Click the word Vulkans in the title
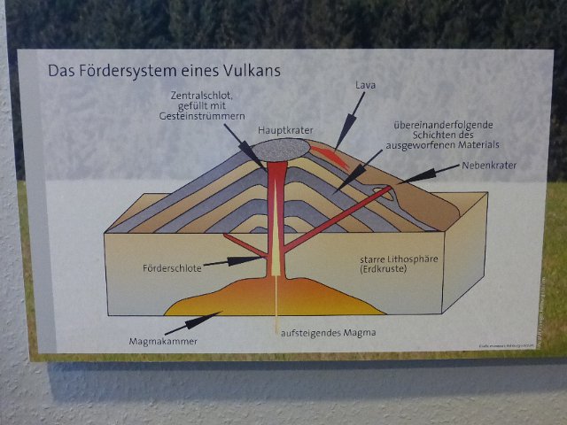(253, 71)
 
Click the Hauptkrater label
(284, 129)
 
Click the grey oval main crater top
(283, 147)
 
